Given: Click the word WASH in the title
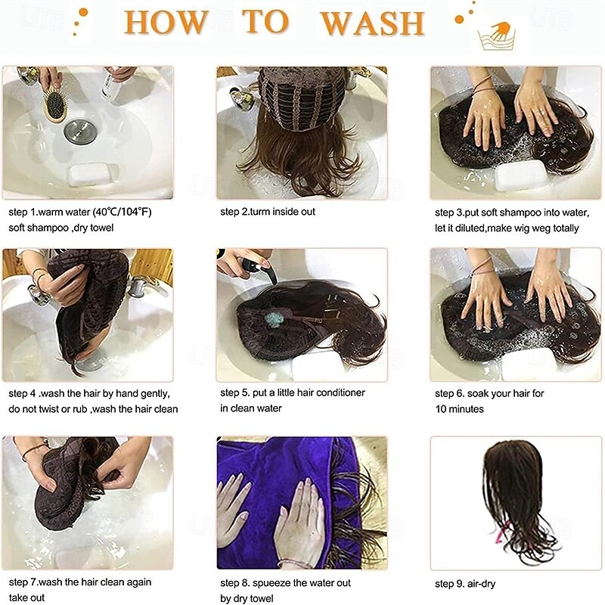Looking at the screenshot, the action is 373,23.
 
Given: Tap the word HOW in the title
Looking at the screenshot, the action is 166,23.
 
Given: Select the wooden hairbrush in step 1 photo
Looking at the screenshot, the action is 55,104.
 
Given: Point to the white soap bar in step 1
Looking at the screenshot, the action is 92,175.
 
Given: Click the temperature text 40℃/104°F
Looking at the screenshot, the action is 123,212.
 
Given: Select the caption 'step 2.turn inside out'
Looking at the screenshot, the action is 268,212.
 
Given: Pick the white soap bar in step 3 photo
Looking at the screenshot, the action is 520,175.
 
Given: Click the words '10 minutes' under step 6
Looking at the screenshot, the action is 459,409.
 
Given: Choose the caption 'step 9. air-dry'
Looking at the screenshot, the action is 465,584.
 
